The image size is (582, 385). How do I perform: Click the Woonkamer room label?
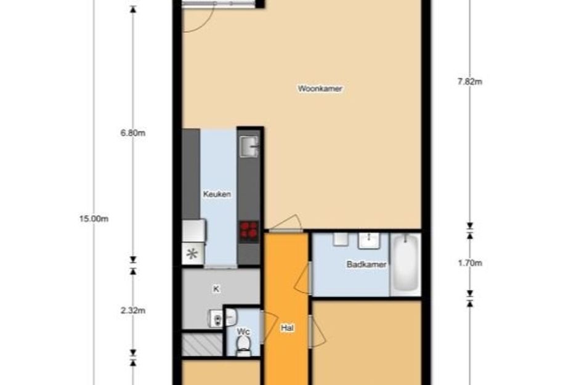(x=320, y=89)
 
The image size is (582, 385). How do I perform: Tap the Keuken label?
(x=217, y=195)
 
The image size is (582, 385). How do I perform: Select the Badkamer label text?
(x=366, y=264)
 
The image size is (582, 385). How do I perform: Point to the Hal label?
(x=286, y=328)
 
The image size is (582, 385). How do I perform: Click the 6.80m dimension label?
(x=133, y=133)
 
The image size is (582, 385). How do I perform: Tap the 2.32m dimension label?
(x=133, y=310)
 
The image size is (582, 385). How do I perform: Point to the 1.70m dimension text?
(x=469, y=263)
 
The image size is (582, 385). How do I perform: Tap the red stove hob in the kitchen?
(x=249, y=230)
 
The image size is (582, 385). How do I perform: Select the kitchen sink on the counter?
(x=249, y=147)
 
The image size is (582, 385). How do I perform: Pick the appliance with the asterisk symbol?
(x=193, y=253)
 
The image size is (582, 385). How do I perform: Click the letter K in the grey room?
(x=216, y=288)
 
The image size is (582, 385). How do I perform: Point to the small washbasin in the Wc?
(x=230, y=318)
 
